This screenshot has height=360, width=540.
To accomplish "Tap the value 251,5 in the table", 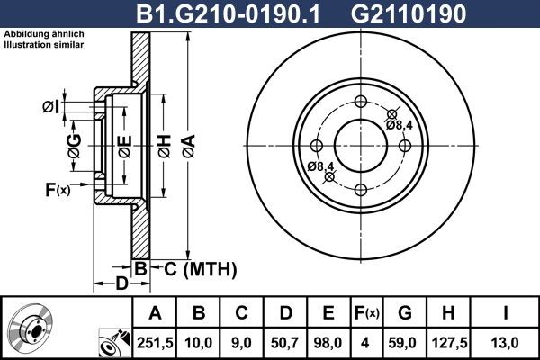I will (x=156, y=342).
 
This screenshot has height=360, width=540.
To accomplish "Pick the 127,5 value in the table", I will (x=447, y=342).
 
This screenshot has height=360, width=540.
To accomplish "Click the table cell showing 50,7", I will (x=285, y=342).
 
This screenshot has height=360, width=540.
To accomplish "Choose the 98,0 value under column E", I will (x=328, y=342).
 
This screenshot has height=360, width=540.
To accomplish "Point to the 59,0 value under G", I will (x=404, y=342).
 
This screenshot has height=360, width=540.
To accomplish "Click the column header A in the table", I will (x=156, y=313).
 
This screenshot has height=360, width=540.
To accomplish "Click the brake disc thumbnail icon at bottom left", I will (x=31, y=328).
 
